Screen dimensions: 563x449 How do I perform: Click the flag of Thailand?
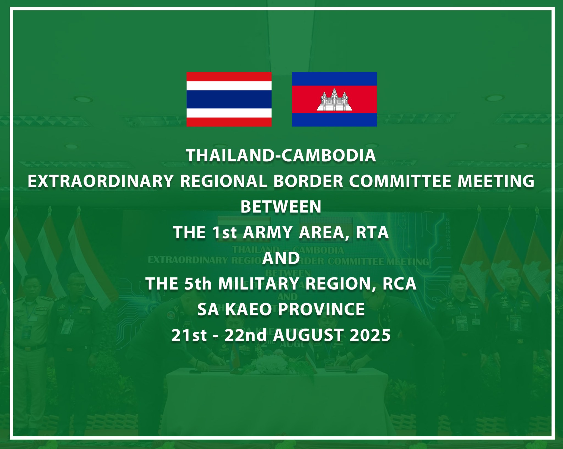tap(229, 99)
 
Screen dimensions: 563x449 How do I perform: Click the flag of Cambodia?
tap(334, 99)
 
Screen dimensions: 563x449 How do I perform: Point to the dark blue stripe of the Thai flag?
tap(229, 99)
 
